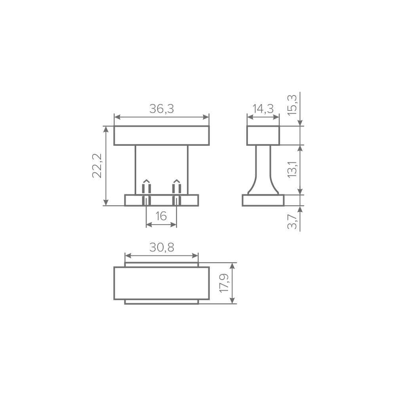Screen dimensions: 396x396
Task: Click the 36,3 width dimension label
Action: coord(162,109)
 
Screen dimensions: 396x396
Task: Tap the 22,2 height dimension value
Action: coord(97,166)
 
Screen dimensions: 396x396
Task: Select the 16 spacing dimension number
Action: coord(161,216)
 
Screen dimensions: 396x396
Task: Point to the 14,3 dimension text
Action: coord(263,109)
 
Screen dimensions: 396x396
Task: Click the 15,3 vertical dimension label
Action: coord(292,105)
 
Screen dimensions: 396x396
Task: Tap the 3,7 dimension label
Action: coord(292,221)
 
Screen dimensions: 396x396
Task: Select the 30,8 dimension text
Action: coord(162,247)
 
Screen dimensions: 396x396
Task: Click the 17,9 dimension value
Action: coord(224,283)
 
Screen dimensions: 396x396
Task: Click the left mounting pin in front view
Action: coord(147,192)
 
